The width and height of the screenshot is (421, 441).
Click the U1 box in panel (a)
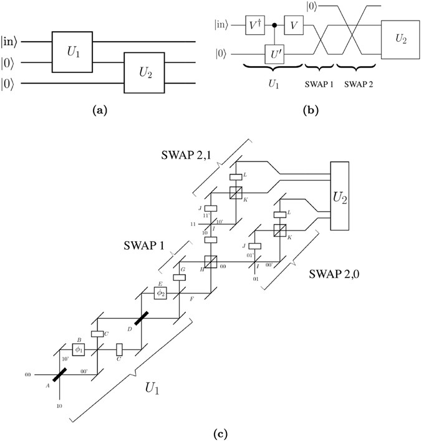click(x=72, y=51)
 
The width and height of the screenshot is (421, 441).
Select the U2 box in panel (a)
click(x=144, y=72)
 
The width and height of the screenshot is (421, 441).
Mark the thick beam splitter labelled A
click(x=59, y=376)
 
